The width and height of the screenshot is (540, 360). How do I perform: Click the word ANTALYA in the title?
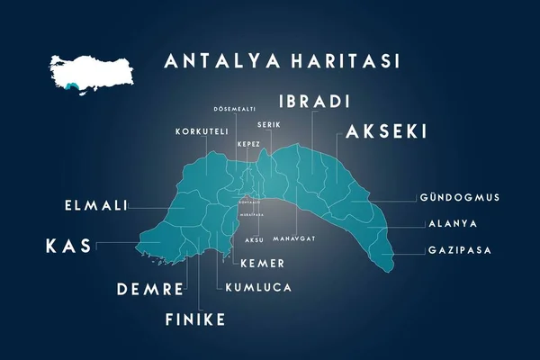(x=219, y=62)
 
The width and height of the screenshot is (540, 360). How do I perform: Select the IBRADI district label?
(x=314, y=100)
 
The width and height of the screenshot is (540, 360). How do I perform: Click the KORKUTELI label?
(x=202, y=131)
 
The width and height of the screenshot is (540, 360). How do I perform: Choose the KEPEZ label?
(x=248, y=144)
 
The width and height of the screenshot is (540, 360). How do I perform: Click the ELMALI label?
(x=94, y=206)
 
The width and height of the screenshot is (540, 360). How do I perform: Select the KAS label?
(x=68, y=245)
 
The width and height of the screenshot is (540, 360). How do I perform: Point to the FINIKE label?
(x=195, y=319)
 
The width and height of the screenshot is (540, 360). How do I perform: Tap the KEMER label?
(x=262, y=264)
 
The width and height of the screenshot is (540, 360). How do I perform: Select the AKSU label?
(x=255, y=241)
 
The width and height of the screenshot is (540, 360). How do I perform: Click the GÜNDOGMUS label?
(x=459, y=197)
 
